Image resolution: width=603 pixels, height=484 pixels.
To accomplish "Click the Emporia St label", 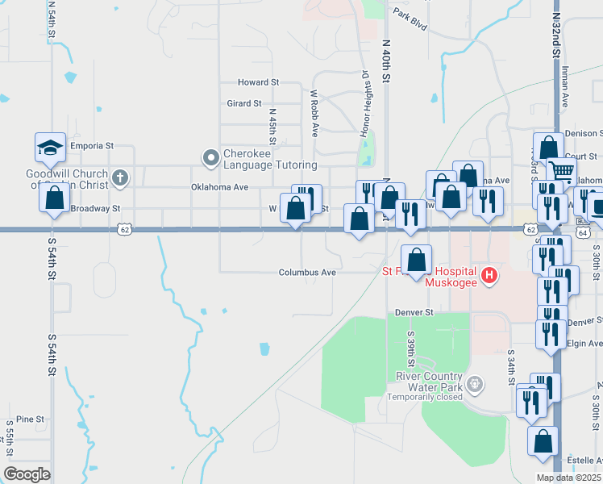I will (92, 146).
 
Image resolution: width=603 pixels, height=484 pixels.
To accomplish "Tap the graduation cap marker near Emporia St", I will (49, 147).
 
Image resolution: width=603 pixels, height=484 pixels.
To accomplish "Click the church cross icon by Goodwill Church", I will (120, 177).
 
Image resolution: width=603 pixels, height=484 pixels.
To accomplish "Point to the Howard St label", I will (258, 82).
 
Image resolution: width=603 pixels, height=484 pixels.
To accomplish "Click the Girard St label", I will (244, 103).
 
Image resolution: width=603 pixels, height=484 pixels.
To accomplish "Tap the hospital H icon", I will (489, 277).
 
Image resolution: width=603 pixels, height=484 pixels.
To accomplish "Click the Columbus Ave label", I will (307, 273).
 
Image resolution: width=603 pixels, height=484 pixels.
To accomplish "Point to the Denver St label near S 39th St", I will (414, 312).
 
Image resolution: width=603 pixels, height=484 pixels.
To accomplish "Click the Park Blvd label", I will (410, 14).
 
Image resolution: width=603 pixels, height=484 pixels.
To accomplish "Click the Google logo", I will (27, 474).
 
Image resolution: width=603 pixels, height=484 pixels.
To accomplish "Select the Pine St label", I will (29, 419).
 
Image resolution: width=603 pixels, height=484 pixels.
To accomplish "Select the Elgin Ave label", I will (584, 343).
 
